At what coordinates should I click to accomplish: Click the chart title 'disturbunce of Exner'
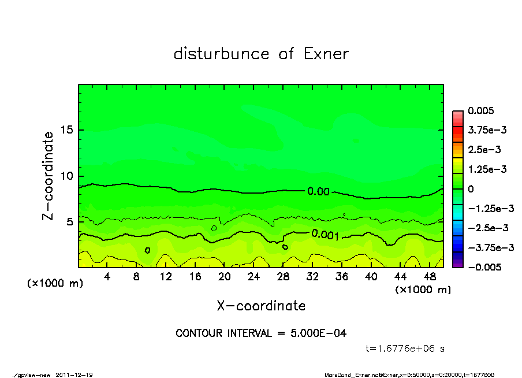[x=261, y=54]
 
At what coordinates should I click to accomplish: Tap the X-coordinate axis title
[x=261, y=305]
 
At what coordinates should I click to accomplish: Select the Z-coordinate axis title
[x=49, y=176]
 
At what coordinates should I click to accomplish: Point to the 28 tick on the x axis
[x=283, y=277]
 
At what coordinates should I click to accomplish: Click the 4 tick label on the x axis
[x=107, y=277]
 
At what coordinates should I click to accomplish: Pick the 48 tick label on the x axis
[x=430, y=277]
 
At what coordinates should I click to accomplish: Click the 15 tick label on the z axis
[x=67, y=130]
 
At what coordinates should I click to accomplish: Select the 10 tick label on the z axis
[x=67, y=176]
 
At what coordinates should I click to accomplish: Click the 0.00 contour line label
[x=318, y=191]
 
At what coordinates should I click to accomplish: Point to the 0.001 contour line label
[x=325, y=234]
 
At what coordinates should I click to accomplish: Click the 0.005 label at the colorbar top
[x=480, y=110]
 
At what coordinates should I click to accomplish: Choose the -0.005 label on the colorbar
[x=483, y=267]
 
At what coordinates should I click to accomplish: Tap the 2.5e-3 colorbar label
[x=484, y=150]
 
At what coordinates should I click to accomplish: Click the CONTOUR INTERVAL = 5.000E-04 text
[x=261, y=333]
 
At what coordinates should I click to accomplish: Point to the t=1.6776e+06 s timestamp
[x=405, y=349]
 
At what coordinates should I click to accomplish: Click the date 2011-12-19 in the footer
[x=74, y=375]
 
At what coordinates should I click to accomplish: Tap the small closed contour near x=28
[x=285, y=247]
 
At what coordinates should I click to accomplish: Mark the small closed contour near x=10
[x=147, y=250]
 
